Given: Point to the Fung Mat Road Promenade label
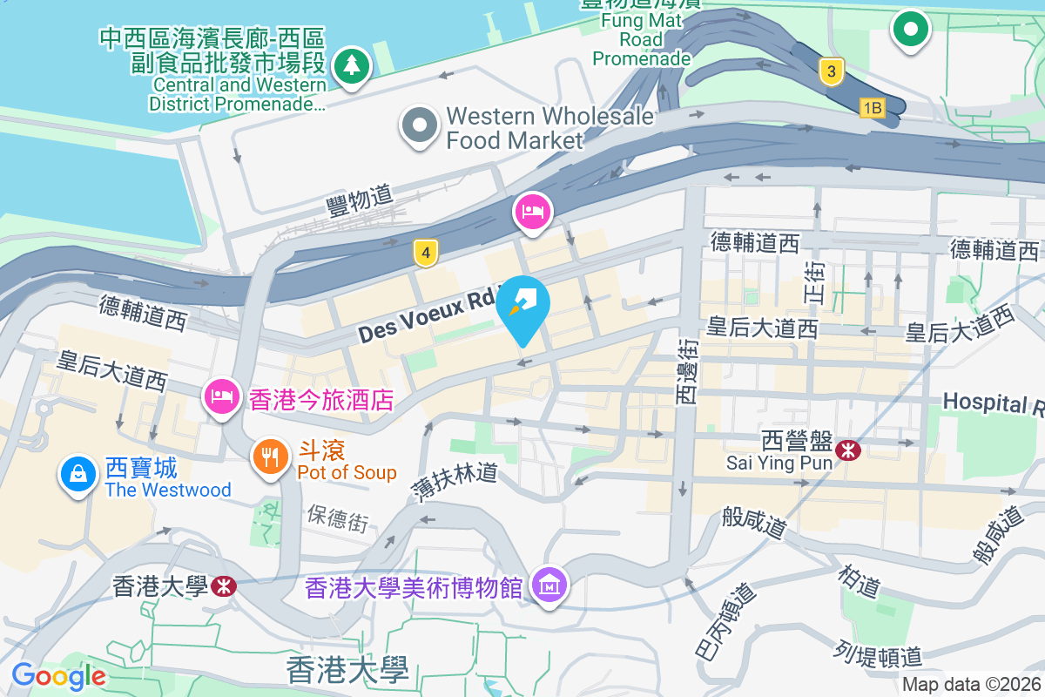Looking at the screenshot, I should click(x=641, y=39).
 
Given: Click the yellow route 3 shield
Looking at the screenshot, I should click(x=832, y=73).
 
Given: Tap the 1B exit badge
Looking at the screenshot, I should click(x=872, y=108).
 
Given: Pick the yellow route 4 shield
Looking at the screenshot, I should click(x=425, y=254).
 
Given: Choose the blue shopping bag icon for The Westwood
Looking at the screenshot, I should click(x=78, y=475).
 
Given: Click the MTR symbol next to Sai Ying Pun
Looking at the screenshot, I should click(x=846, y=450).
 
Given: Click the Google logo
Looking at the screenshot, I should click(x=58, y=675).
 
